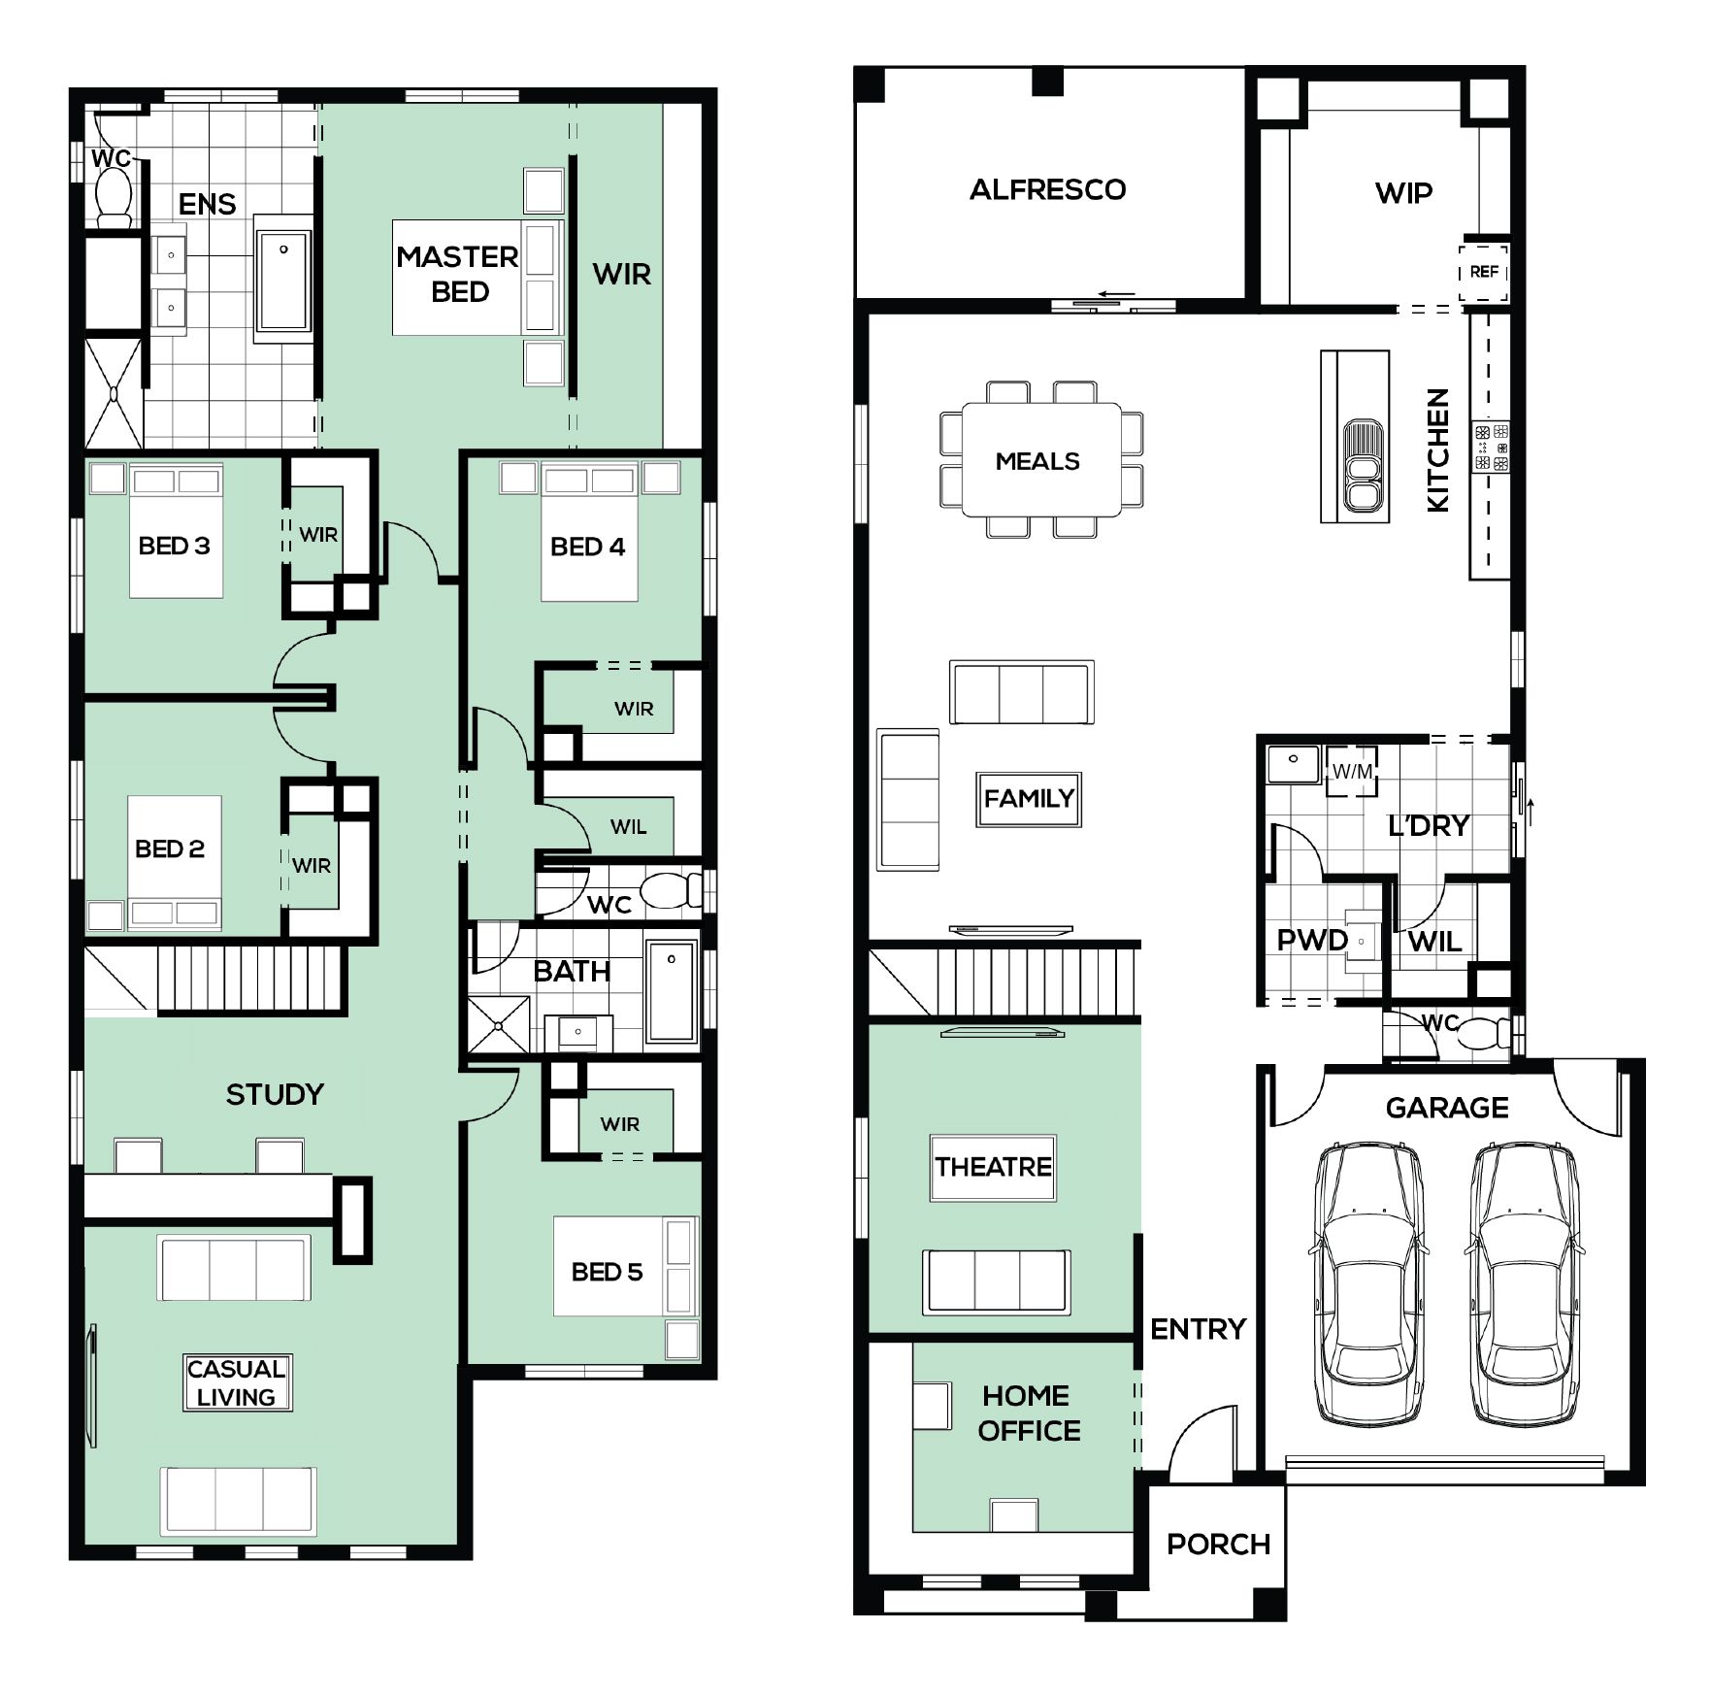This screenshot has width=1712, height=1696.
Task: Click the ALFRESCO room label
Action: (1047, 189)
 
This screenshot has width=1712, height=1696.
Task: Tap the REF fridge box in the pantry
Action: (1484, 272)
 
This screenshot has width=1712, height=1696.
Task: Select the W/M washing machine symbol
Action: (1352, 771)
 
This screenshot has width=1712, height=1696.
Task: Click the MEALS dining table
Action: (1040, 459)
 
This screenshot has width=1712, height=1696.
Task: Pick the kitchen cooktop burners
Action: (1491, 447)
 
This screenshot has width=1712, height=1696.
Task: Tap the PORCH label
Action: (1218, 1545)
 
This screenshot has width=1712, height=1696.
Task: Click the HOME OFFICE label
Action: (1029, 1413)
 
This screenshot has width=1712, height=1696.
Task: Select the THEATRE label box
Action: (993, 1167)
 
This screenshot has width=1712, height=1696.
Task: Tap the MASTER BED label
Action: (458, 274)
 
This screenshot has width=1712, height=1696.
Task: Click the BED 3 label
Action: (175, 546)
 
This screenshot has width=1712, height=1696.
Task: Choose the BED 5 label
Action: (607, 1272)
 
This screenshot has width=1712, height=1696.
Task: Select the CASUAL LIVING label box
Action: (237, 1382)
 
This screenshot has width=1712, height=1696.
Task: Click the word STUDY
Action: (275, 1095)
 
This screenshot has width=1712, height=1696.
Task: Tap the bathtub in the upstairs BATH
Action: (672, 990)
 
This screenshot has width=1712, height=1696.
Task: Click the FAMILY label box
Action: (1029, 799)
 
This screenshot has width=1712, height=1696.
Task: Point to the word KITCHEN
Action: (1437, 449)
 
